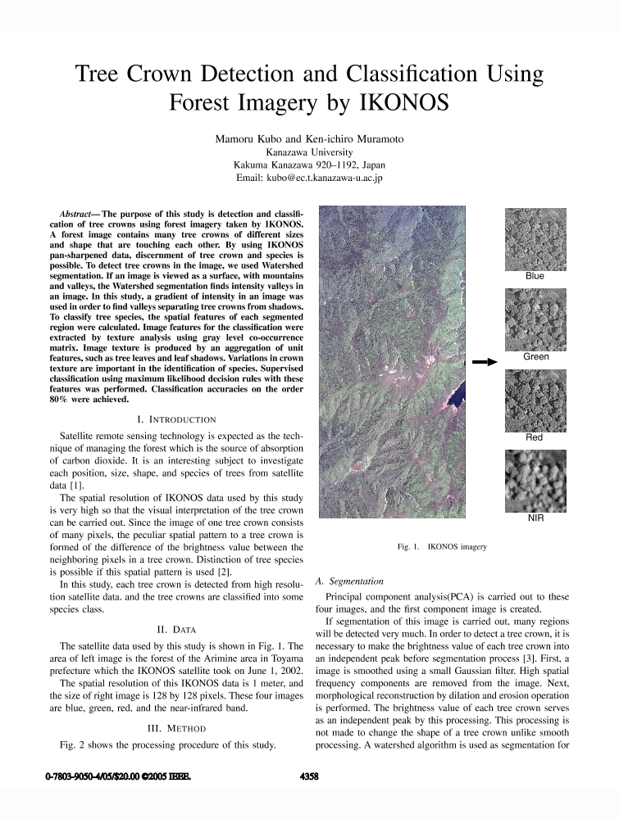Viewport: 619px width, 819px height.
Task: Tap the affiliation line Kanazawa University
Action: pos(310,152)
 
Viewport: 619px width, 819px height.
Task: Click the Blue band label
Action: pos(535,276)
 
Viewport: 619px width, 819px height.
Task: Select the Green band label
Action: pos(535,357)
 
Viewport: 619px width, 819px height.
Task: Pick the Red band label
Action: pos(535,438)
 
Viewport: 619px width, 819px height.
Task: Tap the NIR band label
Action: pos(535,518)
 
